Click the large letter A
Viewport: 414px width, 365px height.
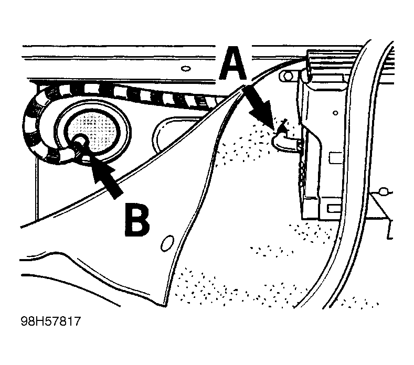click(233, 64)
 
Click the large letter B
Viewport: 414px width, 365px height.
click(137, 219)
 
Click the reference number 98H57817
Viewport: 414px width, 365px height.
click(50, 321)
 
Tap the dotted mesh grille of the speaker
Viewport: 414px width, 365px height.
click(92, 131)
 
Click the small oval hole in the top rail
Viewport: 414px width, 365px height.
click(186, 69)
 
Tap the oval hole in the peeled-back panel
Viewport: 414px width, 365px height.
click(167, 243)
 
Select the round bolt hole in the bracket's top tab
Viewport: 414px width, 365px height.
click(288, 76)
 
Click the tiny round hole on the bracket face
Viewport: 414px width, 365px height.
click(335, 113)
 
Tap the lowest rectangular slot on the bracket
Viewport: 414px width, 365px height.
click(334, 209)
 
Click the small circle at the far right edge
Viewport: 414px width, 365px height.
click(384, 191)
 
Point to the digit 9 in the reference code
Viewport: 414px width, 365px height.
click(25, 321)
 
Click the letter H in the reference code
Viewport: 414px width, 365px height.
click(39, 321)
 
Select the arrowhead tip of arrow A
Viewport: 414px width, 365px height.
click(273, 130)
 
